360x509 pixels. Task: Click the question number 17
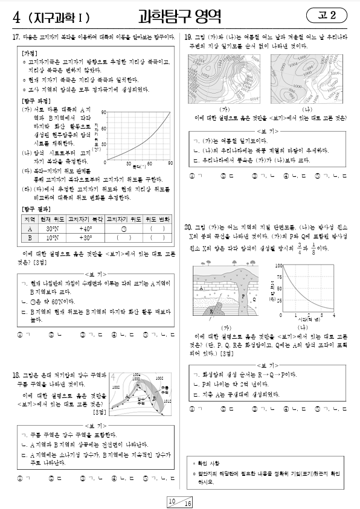click(x=16, y=37)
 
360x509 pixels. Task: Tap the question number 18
click(x=16, y=376)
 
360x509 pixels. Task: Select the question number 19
click(x=188, y=37)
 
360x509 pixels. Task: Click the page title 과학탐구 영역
click(x=179, y=14)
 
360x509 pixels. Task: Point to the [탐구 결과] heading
click(x=33, y=208)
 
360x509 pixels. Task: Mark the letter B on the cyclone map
click(x=155, y=399)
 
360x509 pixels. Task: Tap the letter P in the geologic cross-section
click(x=243, y=296)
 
